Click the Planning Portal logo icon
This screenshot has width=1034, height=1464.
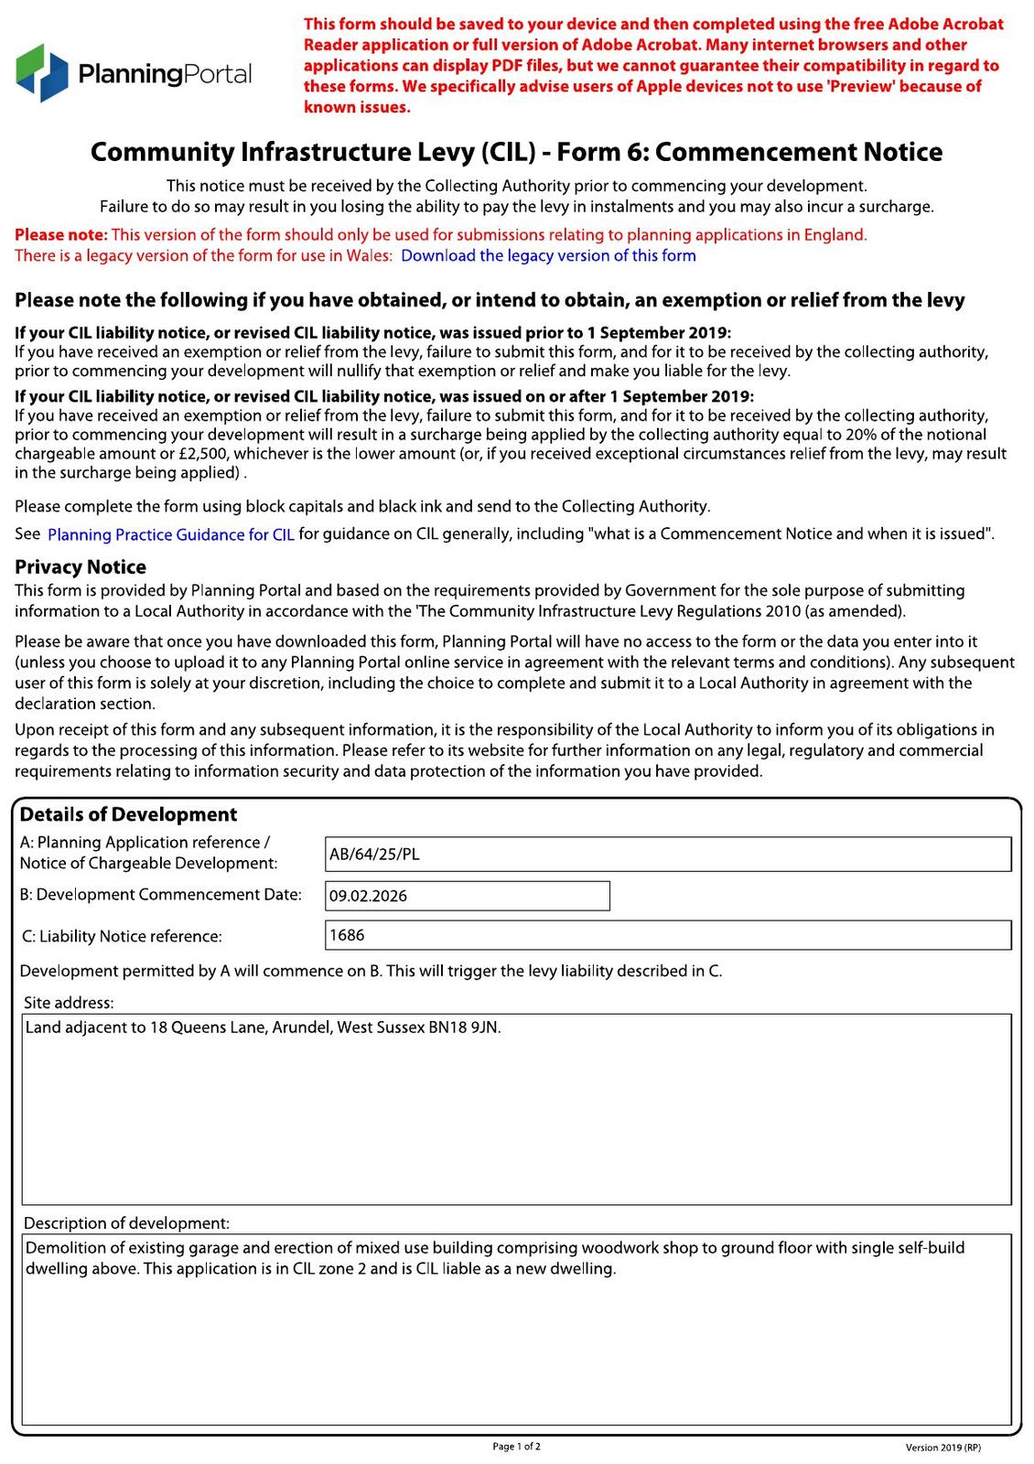click(x=42, y=72)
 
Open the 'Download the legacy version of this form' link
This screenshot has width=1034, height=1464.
click(x=548, y=256)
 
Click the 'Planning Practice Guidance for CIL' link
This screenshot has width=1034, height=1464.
click(x=171, y=535)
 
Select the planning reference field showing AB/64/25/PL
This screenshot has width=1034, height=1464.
click(x=668, y=855)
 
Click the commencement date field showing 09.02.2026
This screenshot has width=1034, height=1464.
click(x=468, y=896)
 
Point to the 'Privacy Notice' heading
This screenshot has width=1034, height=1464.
click(x=81, y=567)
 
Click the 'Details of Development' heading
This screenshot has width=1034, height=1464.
click(x=128, y=814)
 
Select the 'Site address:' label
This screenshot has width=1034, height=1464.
click(x=69, y=1003)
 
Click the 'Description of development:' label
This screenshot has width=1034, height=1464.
click(x=126, y=1223)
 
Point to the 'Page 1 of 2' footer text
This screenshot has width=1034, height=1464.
click(x=517, y=1447)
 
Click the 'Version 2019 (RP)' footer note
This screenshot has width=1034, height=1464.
click(x=942, y=1448)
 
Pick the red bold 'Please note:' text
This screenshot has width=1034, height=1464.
click(x=60, y=235)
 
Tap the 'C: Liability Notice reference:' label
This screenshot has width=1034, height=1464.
click(x=121, y=937)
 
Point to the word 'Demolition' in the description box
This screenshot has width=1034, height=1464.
click(x=62, y=1248)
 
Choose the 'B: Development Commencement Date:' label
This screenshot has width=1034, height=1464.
click(x=160, y=895)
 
